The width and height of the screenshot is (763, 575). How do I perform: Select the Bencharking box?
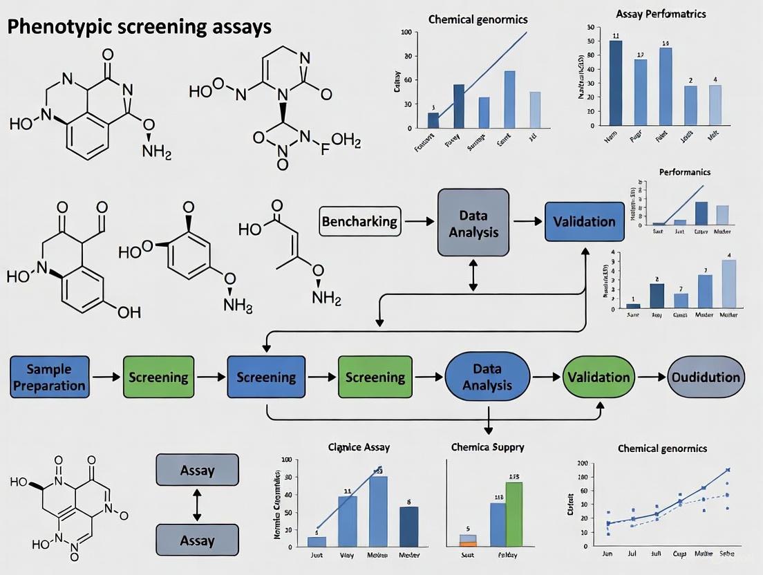click(359, 222)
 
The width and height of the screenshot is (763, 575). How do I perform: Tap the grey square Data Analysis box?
click(473, 223)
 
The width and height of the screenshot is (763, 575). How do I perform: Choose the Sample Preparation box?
click(50, 377)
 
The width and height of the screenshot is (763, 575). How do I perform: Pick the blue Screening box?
click(266, 377)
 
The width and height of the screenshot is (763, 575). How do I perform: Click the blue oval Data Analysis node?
click(487, 377)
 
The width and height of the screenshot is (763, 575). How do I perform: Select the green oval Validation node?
click(599, 377)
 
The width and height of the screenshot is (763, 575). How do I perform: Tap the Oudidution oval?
click(706, 377)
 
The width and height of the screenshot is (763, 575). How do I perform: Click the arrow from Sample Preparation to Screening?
click(106, 377)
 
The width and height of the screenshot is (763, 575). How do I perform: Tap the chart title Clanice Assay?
click(358, 447)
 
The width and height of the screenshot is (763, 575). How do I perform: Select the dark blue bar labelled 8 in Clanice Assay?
click(408, 526)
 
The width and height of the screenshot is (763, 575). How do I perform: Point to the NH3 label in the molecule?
click(239, 304)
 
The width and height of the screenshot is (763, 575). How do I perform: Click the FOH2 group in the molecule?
click(339, 142)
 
